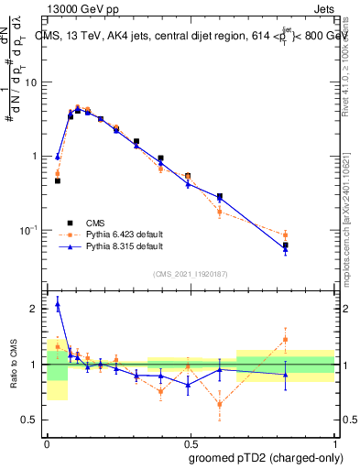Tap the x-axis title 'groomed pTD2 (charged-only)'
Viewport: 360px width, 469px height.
click(x=265, y=457)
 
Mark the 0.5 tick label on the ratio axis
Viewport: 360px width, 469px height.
click(x=32, y=420)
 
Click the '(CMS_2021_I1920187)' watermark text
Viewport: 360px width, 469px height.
click(x=190, y=274)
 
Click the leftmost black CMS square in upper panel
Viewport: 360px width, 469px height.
click(x=57, y=180)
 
